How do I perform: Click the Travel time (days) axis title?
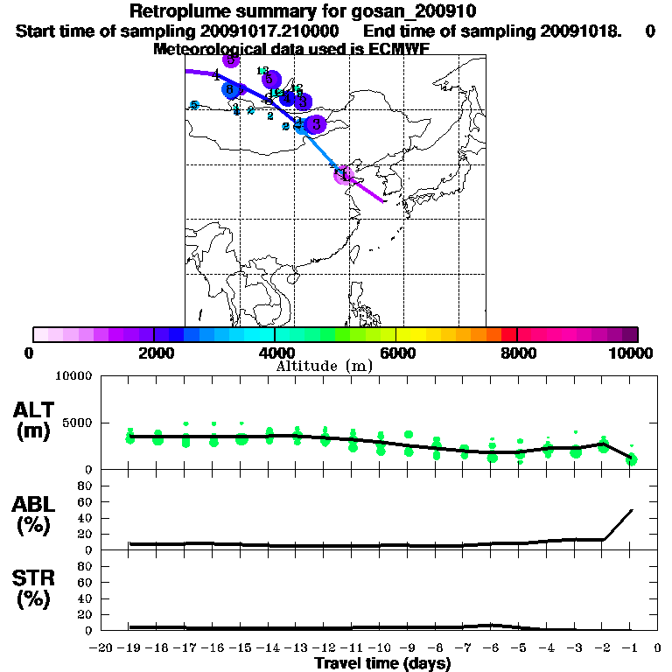[382, 664]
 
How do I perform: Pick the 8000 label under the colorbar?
[518, 353]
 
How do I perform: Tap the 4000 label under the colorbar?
[275, 353]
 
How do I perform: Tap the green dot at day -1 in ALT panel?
[632, 459]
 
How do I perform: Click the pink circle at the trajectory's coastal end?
[343, 174]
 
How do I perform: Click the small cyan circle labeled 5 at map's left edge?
[194, 105]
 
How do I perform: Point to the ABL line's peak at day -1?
[632, 509]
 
